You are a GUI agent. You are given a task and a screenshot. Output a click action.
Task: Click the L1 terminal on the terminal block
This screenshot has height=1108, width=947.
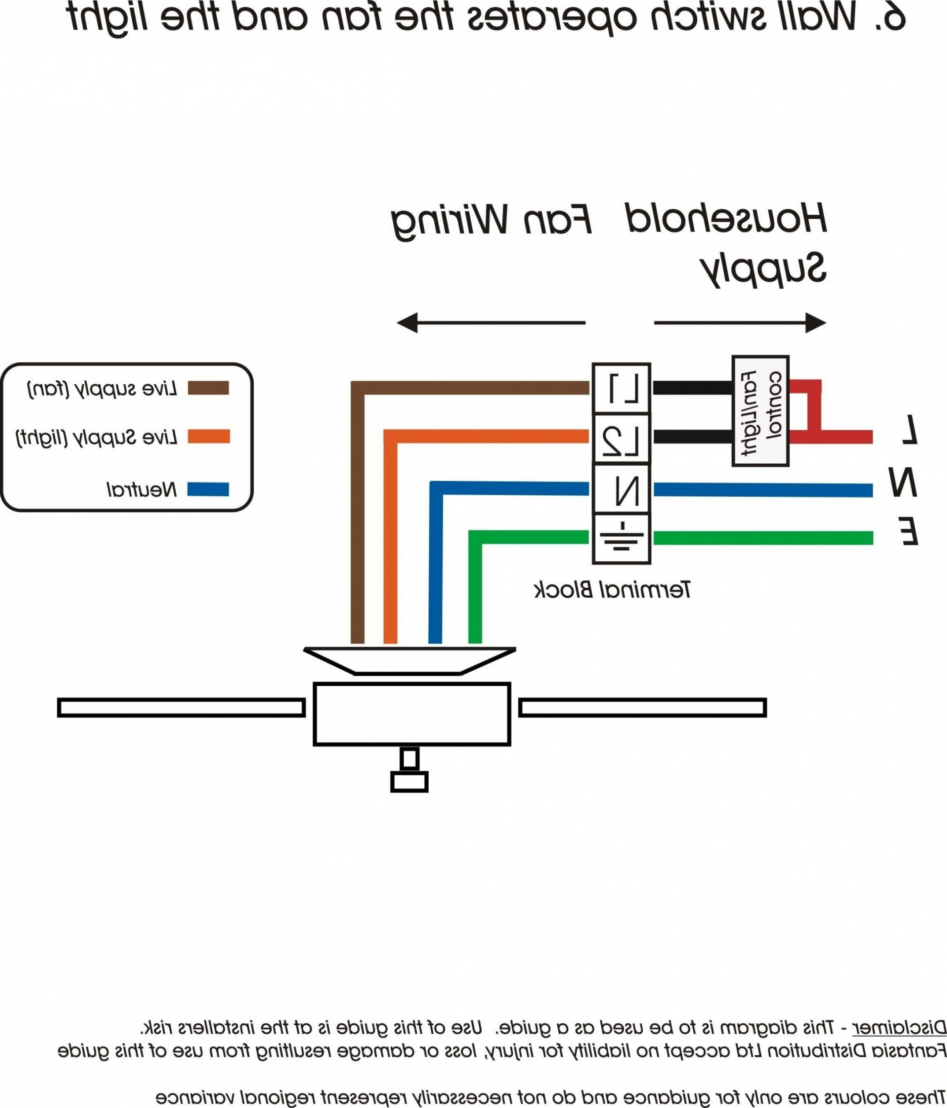click(621, 388)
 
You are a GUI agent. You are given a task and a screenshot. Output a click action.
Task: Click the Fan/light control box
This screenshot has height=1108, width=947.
click(760, 411)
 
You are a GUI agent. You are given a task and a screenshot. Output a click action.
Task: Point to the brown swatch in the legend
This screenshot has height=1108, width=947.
click(208, 388)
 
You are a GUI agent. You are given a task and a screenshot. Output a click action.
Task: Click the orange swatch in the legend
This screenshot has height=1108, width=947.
click(208, 437)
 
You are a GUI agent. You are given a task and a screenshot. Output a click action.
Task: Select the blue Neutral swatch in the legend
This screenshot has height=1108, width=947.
click(208, 490)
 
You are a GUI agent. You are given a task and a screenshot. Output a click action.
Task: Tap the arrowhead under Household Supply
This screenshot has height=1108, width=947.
click(815, 323)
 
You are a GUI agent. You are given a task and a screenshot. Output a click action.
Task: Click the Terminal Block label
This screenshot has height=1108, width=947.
click(612, 590)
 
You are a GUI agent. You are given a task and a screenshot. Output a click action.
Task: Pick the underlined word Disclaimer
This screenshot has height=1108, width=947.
click(899, 1028)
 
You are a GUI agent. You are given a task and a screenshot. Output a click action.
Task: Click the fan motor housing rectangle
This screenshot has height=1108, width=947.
click(412, 714)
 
